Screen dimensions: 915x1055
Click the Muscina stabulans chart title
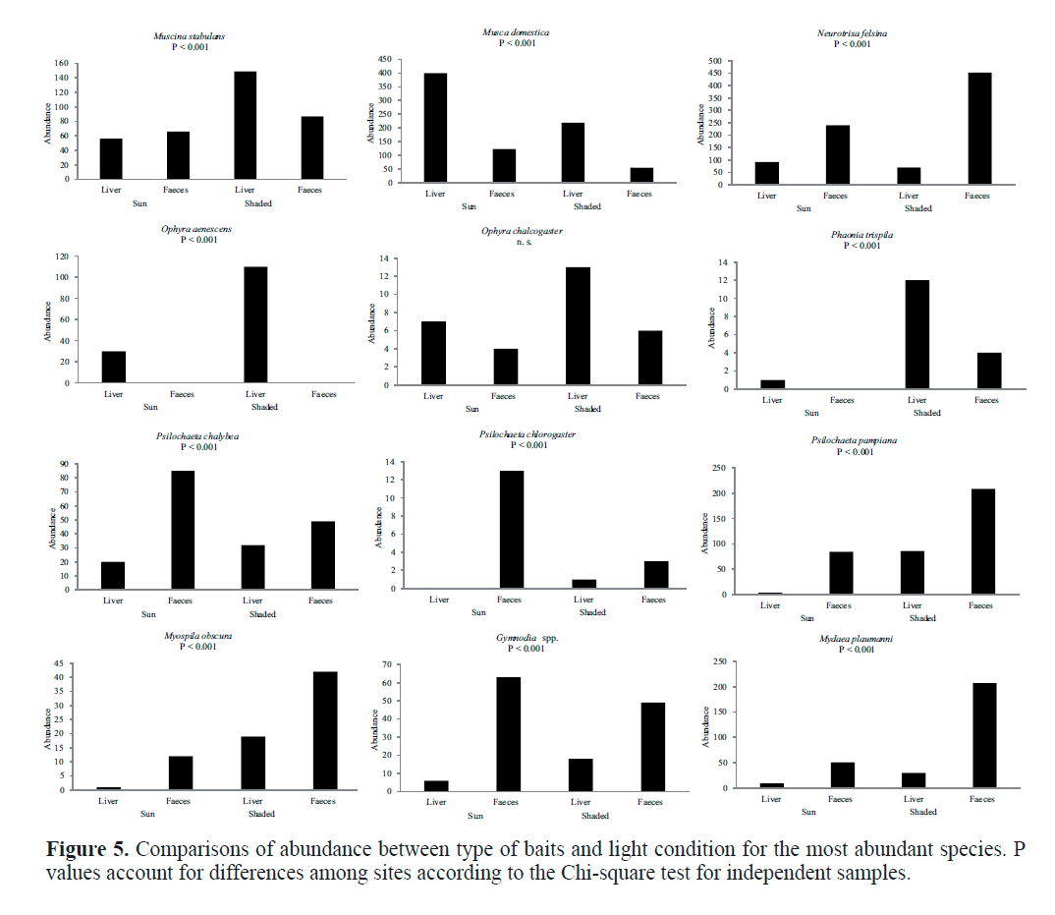190,36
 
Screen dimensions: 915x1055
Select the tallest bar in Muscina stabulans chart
246,125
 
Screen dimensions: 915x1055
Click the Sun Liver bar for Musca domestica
435,128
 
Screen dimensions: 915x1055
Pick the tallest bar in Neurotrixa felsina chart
979,129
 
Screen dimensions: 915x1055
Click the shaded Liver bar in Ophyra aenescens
255,324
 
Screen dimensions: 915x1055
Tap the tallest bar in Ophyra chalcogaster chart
579,330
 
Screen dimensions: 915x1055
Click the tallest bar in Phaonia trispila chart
917,334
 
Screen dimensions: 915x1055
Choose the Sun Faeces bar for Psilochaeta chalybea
183,530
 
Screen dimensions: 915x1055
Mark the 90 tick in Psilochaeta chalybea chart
64,464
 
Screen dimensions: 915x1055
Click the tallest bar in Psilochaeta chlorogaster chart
511,529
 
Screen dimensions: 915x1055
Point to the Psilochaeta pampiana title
854,440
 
